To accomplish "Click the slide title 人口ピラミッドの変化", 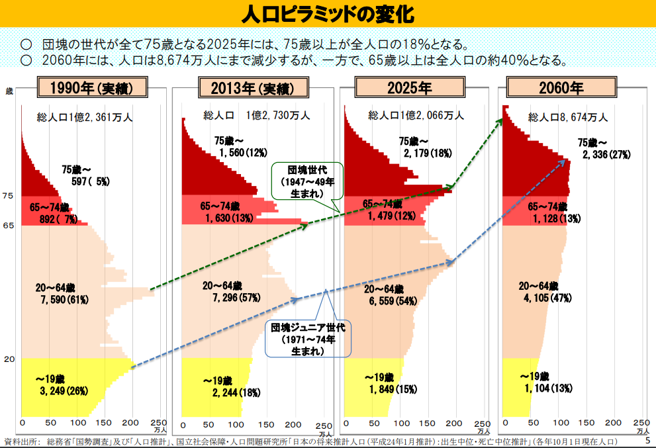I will (328, 13).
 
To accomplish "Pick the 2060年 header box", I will (561, 88).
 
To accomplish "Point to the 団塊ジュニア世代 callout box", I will (308, 339).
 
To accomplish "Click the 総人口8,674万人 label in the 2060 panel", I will (567, 117).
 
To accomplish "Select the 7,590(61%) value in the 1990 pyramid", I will (64, 299).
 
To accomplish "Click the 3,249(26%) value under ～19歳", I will (64, 390).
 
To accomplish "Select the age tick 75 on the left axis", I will (8, 196).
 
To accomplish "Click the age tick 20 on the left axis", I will (9, 359).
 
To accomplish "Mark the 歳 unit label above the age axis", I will (9, 91).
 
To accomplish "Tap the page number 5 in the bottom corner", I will (647, 440).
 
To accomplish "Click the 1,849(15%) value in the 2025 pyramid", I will (391, 389).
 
